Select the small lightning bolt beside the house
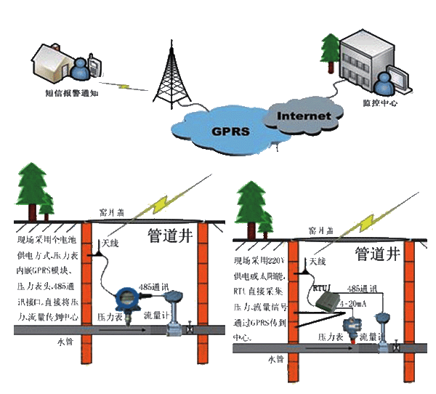coord(124,87)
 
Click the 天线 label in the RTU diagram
coord(318,262)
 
